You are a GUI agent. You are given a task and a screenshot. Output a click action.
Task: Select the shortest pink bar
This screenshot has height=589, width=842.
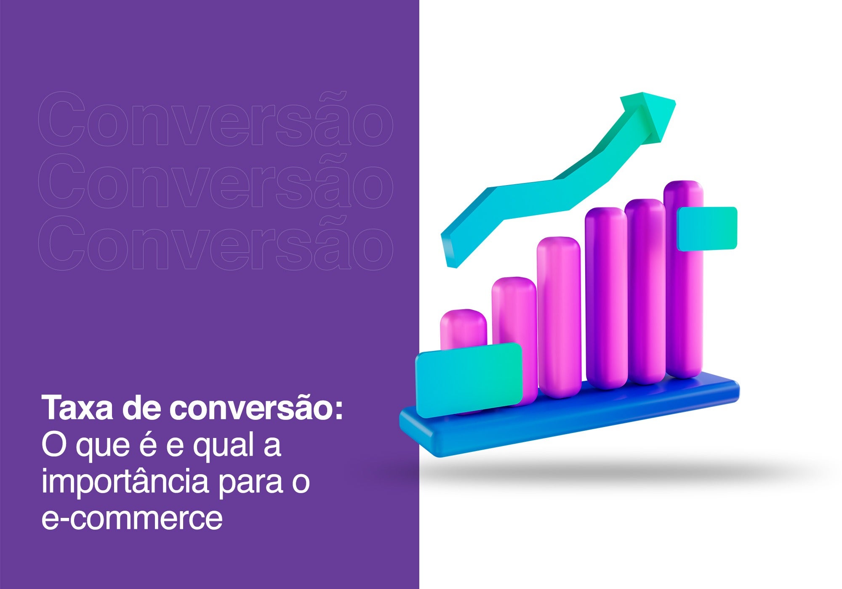pos(463,332)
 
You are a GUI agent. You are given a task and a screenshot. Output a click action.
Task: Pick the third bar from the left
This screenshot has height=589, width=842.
pos(558,318)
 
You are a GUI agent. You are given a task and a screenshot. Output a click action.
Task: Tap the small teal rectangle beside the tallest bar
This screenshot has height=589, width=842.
pos(707,228)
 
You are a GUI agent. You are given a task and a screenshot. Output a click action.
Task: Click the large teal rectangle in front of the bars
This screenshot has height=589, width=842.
pos(469,379)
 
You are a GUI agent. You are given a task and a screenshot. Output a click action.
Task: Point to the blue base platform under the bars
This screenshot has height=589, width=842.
pos(568,421)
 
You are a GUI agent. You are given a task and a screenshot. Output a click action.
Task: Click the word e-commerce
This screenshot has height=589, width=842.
pos(132,519)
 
